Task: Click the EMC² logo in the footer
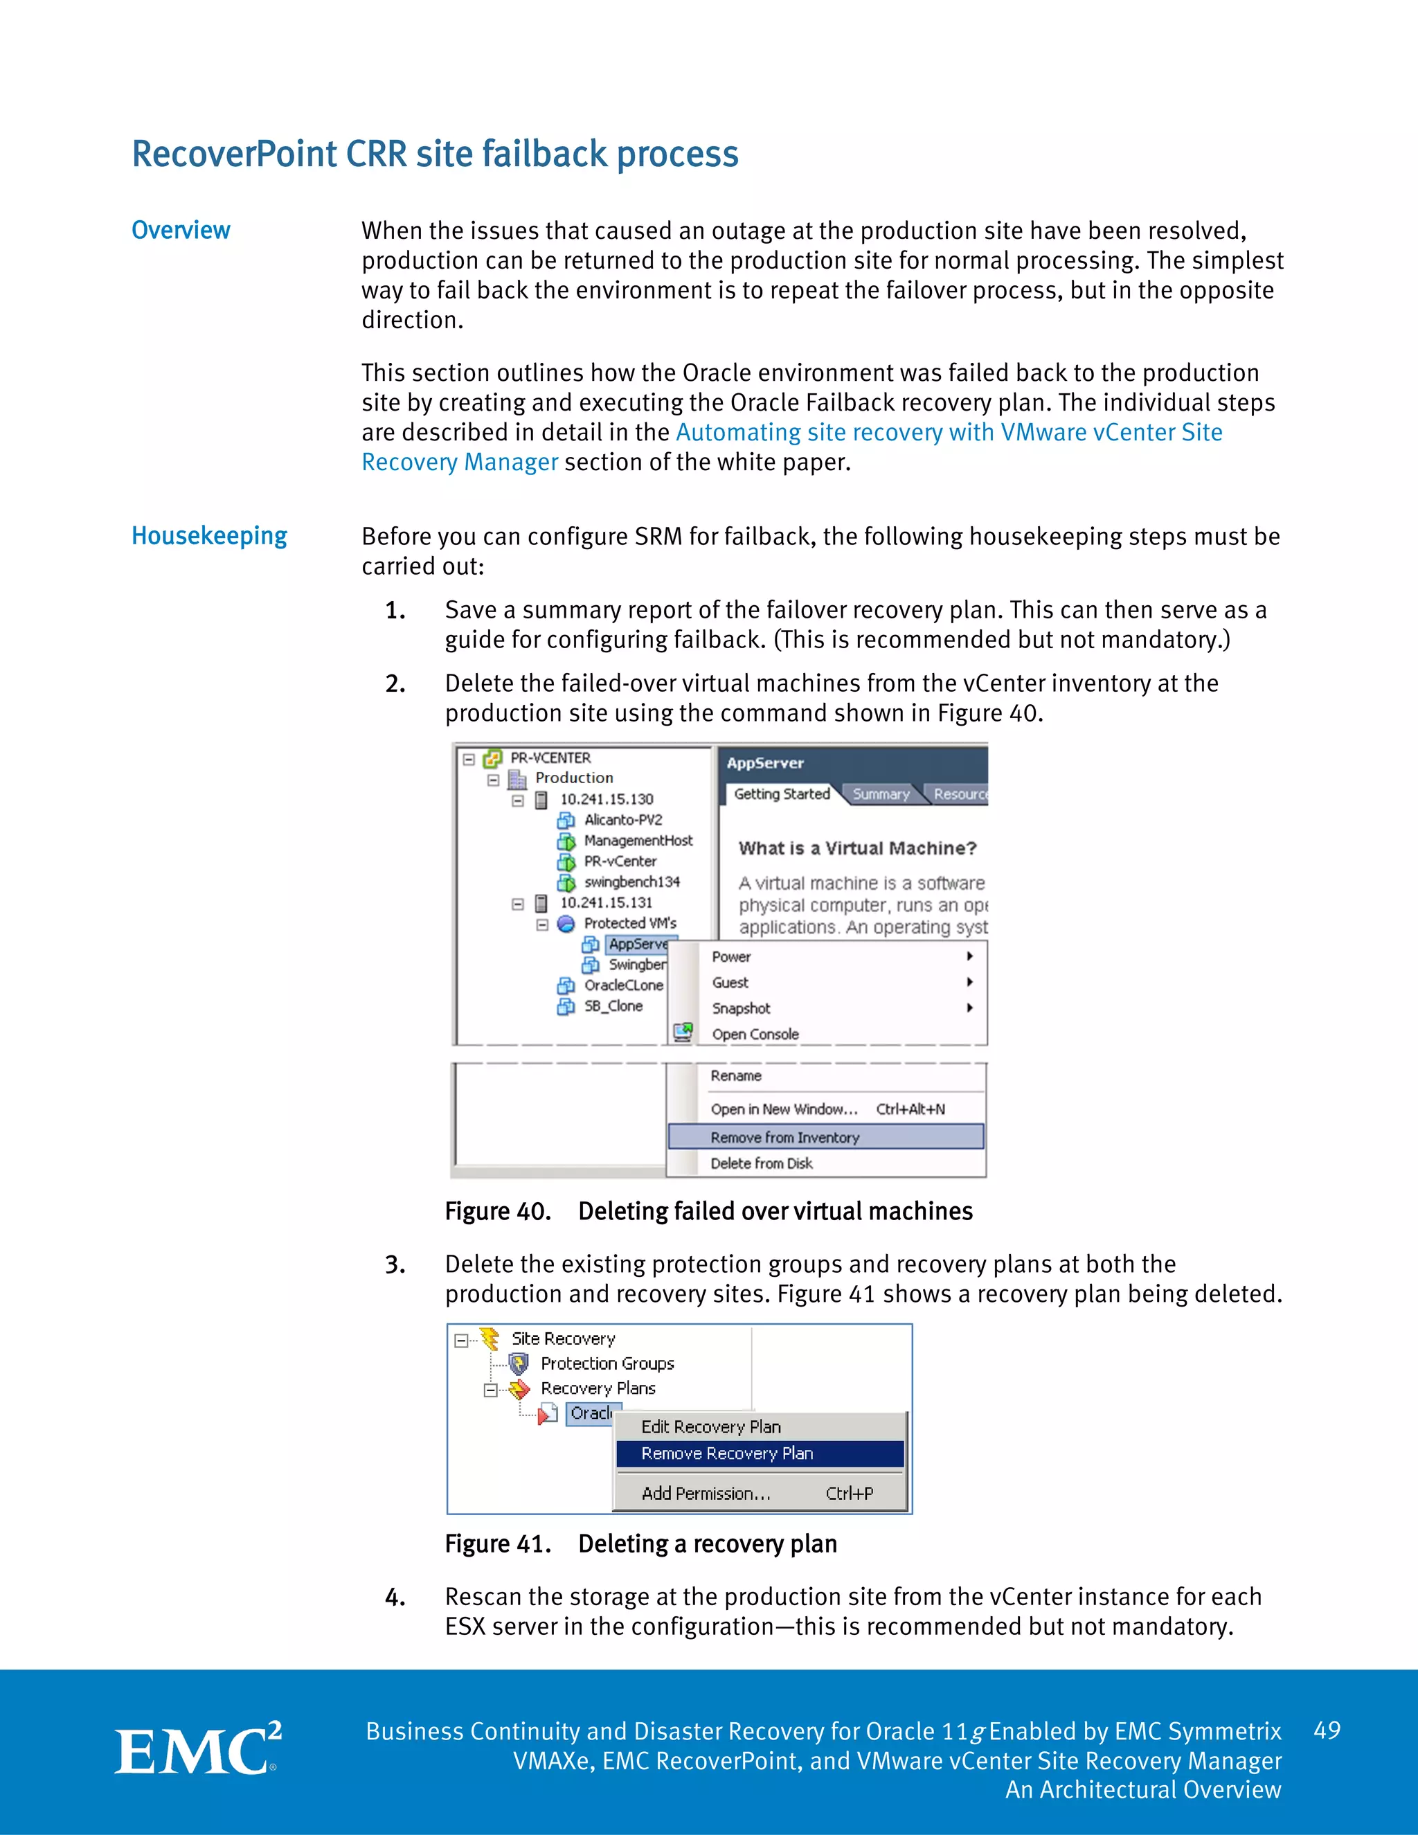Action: [197, 1749]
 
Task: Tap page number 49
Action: [1327, 1730]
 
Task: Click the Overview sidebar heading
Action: [181, 230]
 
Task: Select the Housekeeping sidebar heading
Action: [209, 536]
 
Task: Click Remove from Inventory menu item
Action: [784, 1137]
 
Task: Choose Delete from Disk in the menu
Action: [761, 1163]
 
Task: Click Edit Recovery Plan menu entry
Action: [710, 1426]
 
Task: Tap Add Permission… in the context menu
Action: [706, 1493]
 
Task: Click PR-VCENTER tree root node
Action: [550, 758]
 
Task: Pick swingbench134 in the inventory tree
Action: [631, 881]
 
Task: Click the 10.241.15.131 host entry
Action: [606, 902]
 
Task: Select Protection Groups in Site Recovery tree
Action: [607, 1363]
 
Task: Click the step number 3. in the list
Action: [395, 1264]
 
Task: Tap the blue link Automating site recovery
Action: [949, 432]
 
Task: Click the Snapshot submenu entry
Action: [741, 1008]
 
